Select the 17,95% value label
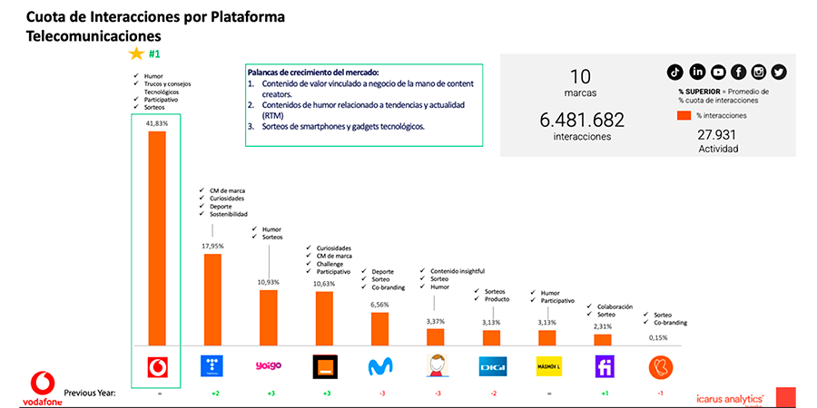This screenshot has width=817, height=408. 212,244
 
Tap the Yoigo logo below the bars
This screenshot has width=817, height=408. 268,366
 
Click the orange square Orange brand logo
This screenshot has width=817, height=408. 324,366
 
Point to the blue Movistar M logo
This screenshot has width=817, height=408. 379,366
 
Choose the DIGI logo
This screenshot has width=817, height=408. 491,366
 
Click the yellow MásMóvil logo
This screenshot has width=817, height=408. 546,366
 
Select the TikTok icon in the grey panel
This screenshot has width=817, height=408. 674,72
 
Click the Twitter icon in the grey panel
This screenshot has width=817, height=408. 779,72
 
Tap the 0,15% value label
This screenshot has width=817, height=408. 657,337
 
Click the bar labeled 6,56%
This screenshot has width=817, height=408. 379,328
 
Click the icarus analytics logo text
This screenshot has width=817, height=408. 727,397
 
